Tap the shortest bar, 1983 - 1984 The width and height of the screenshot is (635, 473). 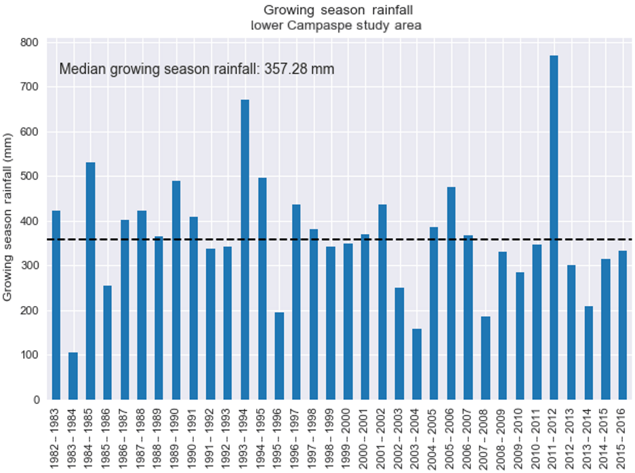pos(73,376)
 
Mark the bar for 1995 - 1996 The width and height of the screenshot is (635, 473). pos(279,356)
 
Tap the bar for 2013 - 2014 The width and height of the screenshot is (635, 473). pos(588,353)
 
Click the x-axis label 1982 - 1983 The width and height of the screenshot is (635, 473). pos(56,435)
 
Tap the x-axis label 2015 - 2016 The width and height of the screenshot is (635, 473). pos(622,435)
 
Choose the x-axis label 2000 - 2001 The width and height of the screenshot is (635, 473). pos(365,435)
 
